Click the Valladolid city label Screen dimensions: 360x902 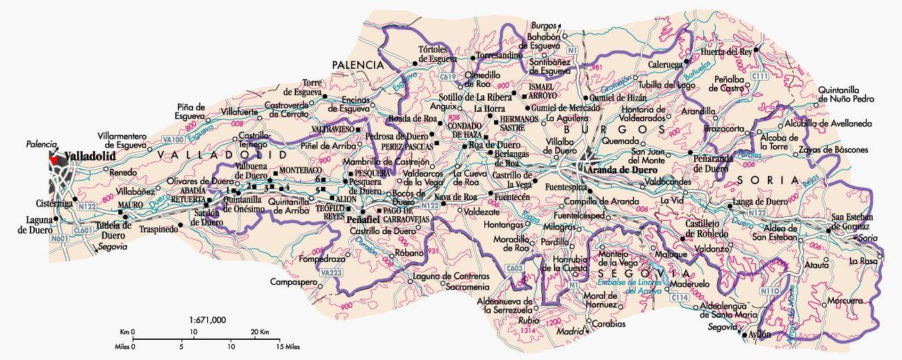(90, 156)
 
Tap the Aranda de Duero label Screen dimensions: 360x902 (622, 169)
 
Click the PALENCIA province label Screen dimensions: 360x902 (358, 64)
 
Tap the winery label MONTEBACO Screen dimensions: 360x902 (300, 170)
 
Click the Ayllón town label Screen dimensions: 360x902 (759, 334)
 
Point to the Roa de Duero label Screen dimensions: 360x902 (486, 145)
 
